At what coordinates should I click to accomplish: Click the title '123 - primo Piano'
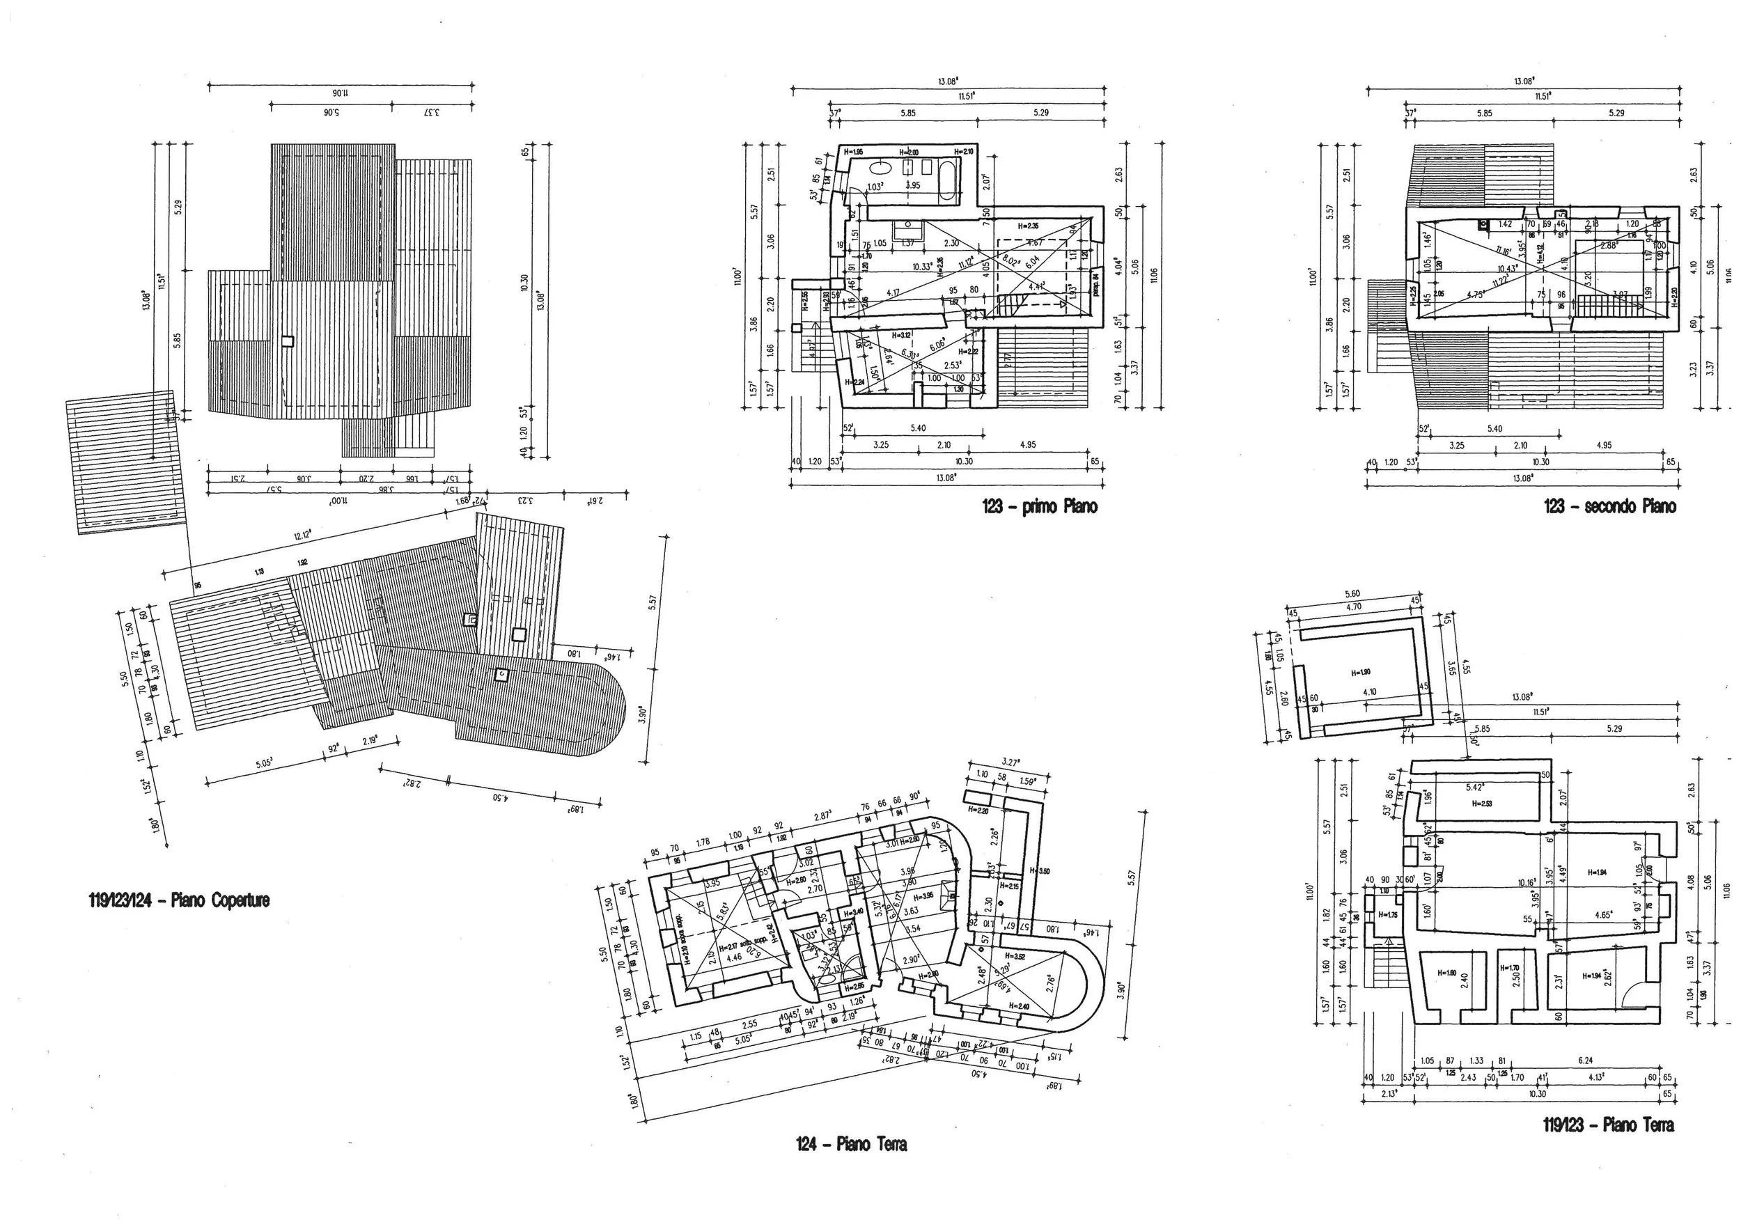1040,507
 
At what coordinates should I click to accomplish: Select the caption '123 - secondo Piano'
1610,507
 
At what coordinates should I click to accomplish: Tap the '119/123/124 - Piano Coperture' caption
180,901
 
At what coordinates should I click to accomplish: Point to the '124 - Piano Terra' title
851,1144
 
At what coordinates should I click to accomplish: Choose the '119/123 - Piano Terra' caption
1608,1125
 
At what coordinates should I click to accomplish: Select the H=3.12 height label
902,335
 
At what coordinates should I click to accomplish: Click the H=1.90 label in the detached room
1361,673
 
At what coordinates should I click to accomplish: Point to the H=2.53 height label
1482,804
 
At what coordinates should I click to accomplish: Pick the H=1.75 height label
1388,915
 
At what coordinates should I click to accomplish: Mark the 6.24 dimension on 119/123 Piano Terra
1585,1061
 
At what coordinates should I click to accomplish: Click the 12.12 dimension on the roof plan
302,536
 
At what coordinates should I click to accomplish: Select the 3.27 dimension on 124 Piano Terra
1010,762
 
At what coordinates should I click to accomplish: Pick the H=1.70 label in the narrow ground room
1510,968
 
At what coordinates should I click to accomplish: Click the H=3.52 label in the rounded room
1015,957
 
